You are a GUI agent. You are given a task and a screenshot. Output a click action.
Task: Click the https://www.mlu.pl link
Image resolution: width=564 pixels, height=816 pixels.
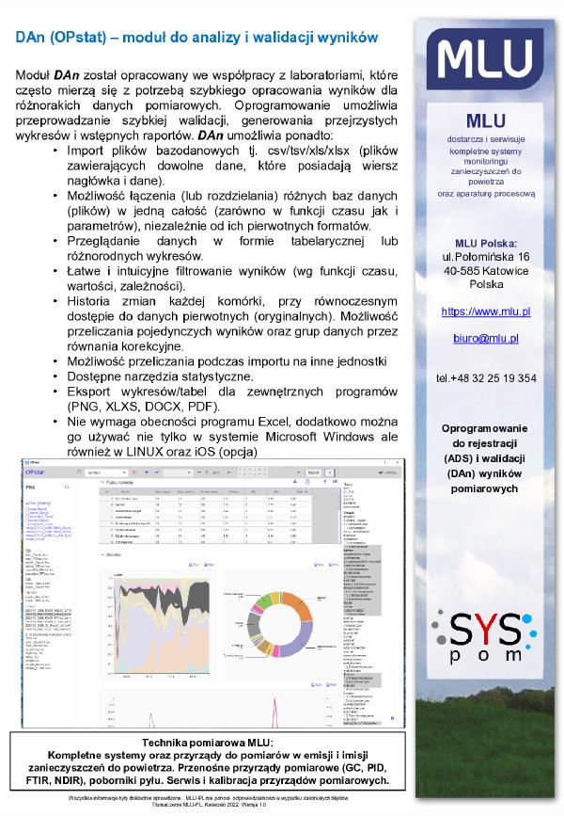point(485,311)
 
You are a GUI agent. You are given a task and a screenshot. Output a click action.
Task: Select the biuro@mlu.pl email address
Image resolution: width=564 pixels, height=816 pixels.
point(485,338)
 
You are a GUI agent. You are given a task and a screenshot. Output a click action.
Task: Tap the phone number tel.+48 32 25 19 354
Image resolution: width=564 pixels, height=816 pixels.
point(485,378)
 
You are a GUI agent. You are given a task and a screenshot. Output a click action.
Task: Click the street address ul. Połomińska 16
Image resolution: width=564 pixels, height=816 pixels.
point(485,256)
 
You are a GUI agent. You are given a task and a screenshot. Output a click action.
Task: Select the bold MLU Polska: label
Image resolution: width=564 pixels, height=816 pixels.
point(485,242)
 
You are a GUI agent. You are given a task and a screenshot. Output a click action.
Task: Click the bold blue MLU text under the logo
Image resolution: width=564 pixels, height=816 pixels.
point(485,120)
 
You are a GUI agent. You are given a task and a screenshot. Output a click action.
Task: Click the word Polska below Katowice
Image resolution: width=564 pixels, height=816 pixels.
point(485,283)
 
